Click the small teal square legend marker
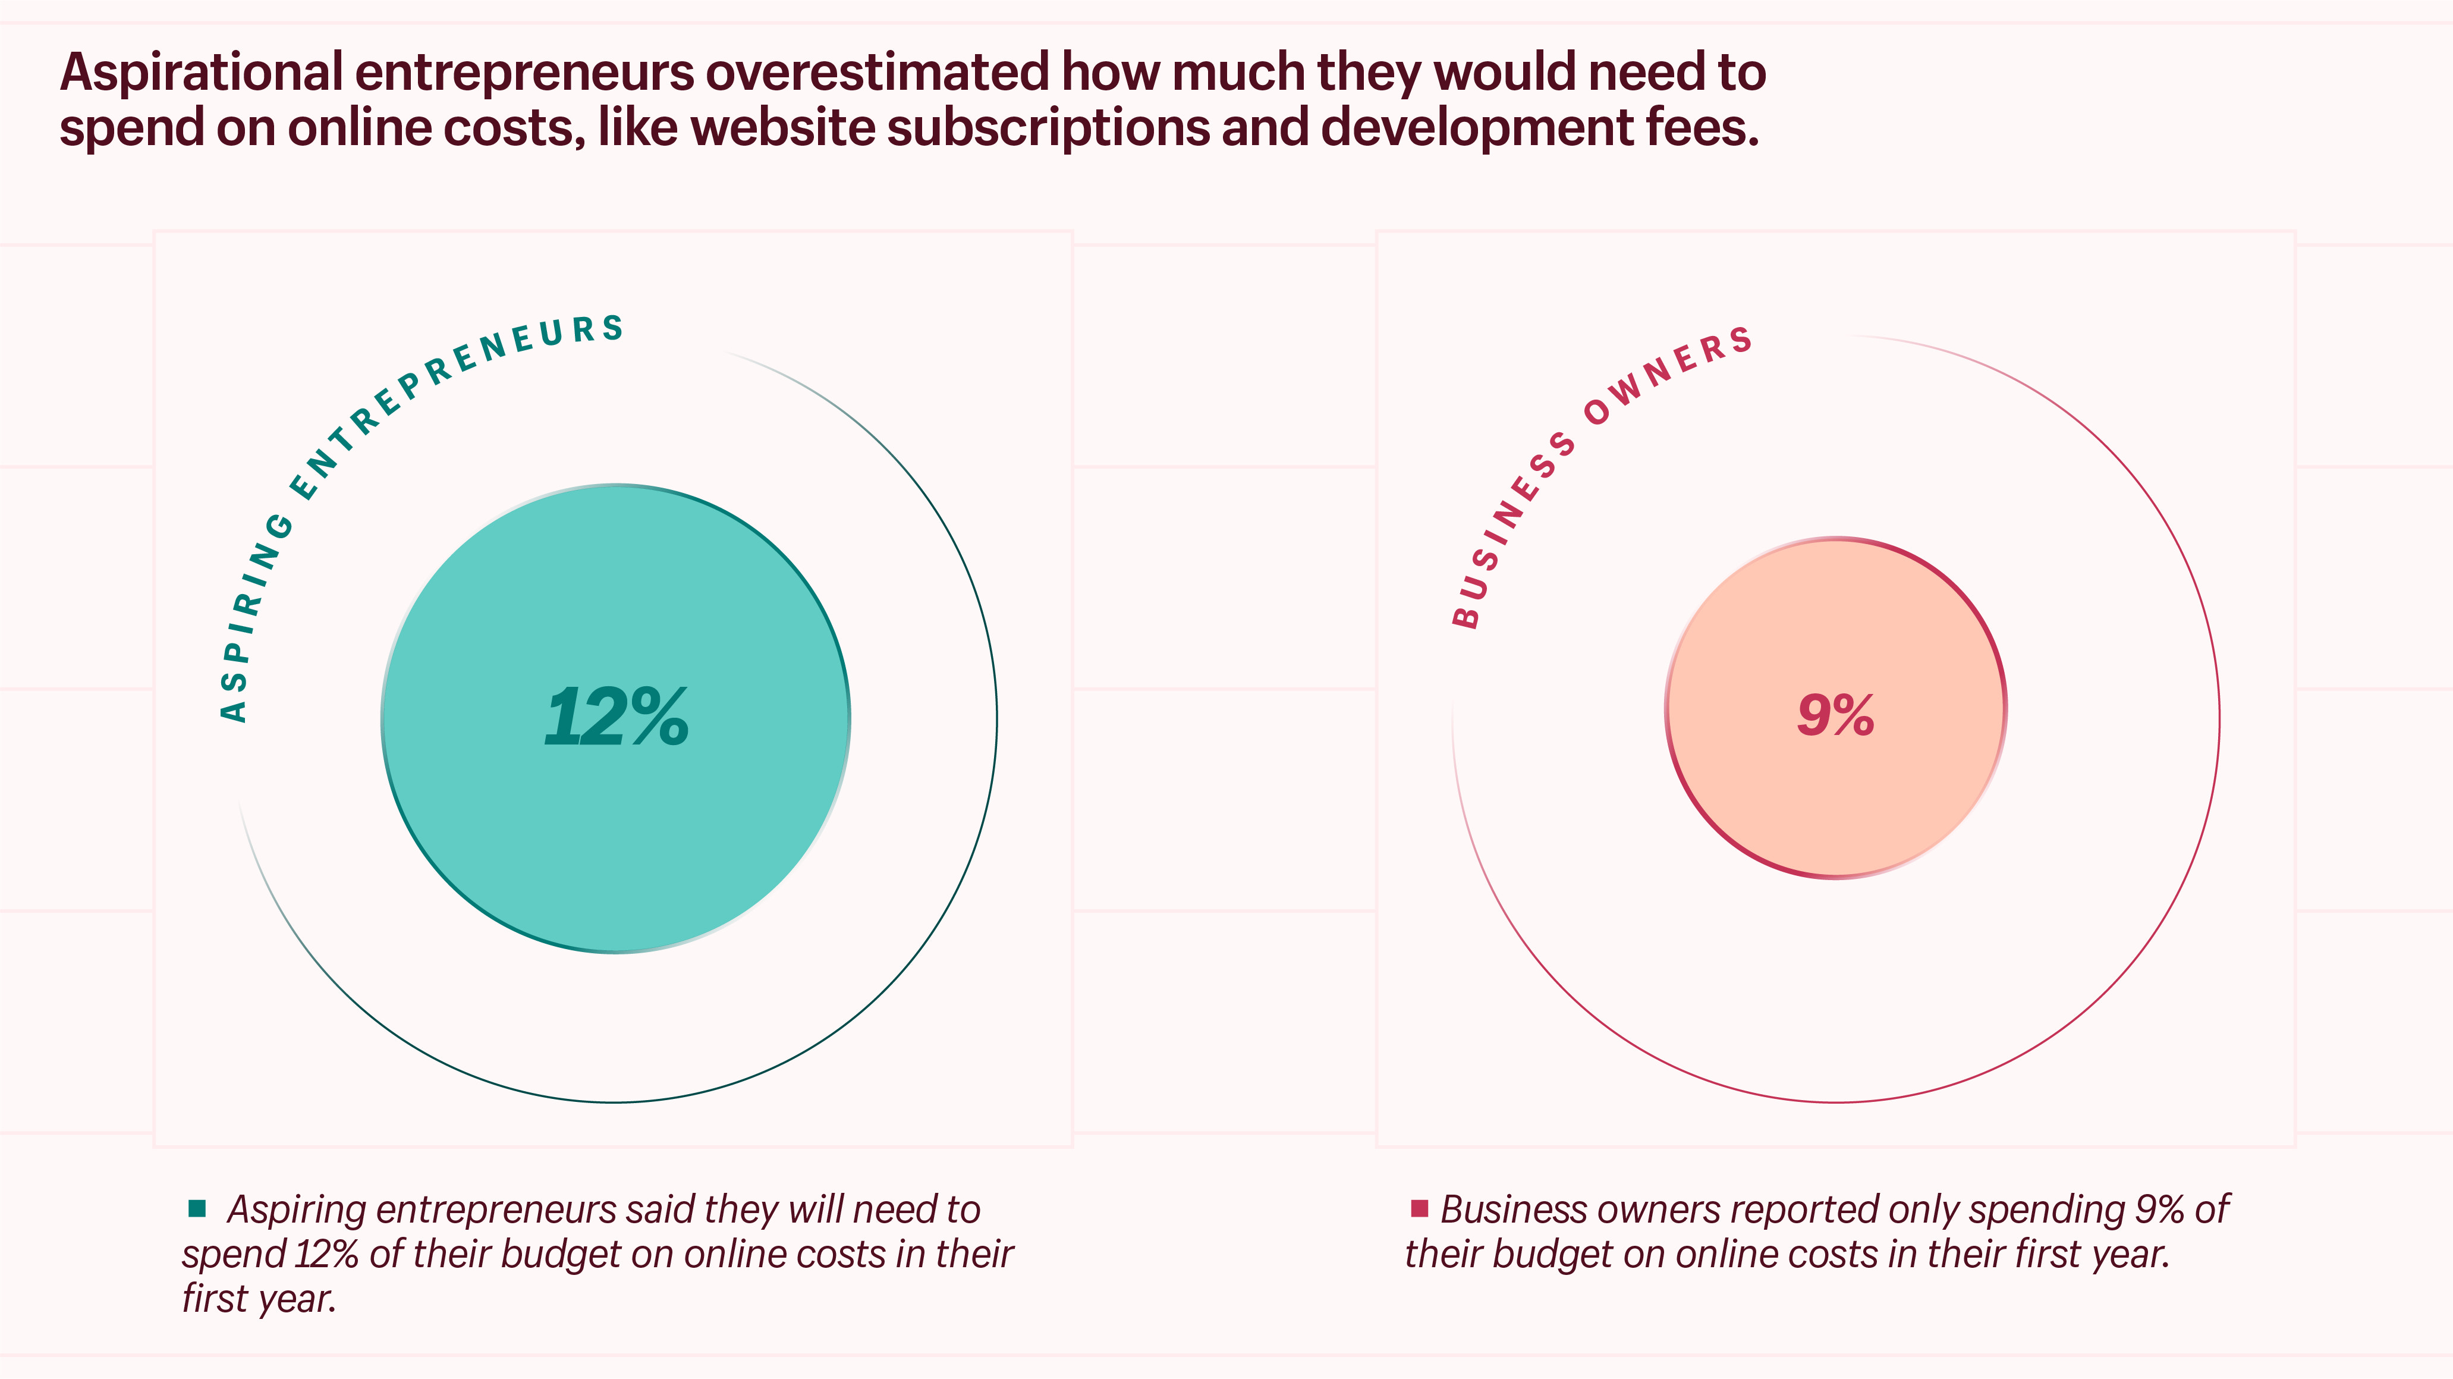pyautogui.click(x=197, y=1208)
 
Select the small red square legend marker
pyautogui.click(x=1419, y=1208)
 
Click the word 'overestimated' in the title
pyautogui.click(x=877, y=73)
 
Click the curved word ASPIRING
pyautogui.click(x=252, y=619)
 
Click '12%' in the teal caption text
pyautogui.click(x=326, y=1254)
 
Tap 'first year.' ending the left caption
pyautogui.click(x=259, y=1298)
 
